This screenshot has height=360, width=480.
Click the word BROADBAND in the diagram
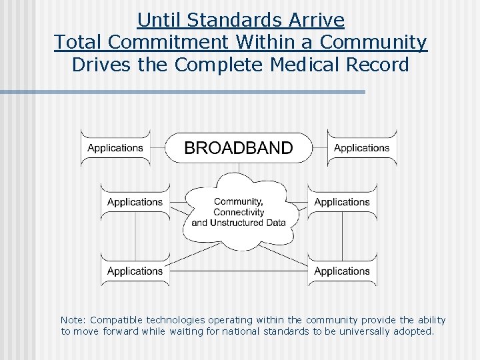238,148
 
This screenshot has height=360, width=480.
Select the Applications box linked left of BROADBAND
115,148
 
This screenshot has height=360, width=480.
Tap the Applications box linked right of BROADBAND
362,148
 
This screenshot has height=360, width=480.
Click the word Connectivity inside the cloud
239,212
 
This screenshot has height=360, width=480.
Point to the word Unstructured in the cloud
237,223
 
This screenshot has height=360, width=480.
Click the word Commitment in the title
170,42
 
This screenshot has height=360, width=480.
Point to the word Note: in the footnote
73,320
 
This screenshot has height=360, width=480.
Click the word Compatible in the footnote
116,320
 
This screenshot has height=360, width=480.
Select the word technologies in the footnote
177,320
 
